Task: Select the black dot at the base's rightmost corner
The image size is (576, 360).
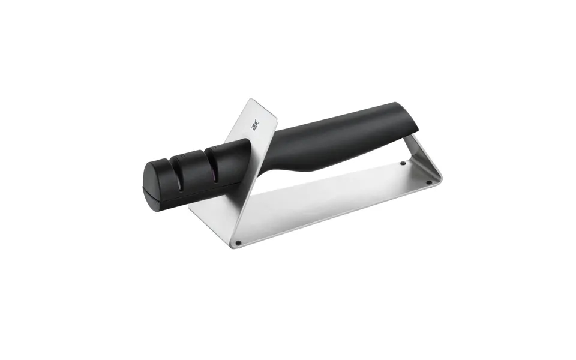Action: click(x=428, y=182)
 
